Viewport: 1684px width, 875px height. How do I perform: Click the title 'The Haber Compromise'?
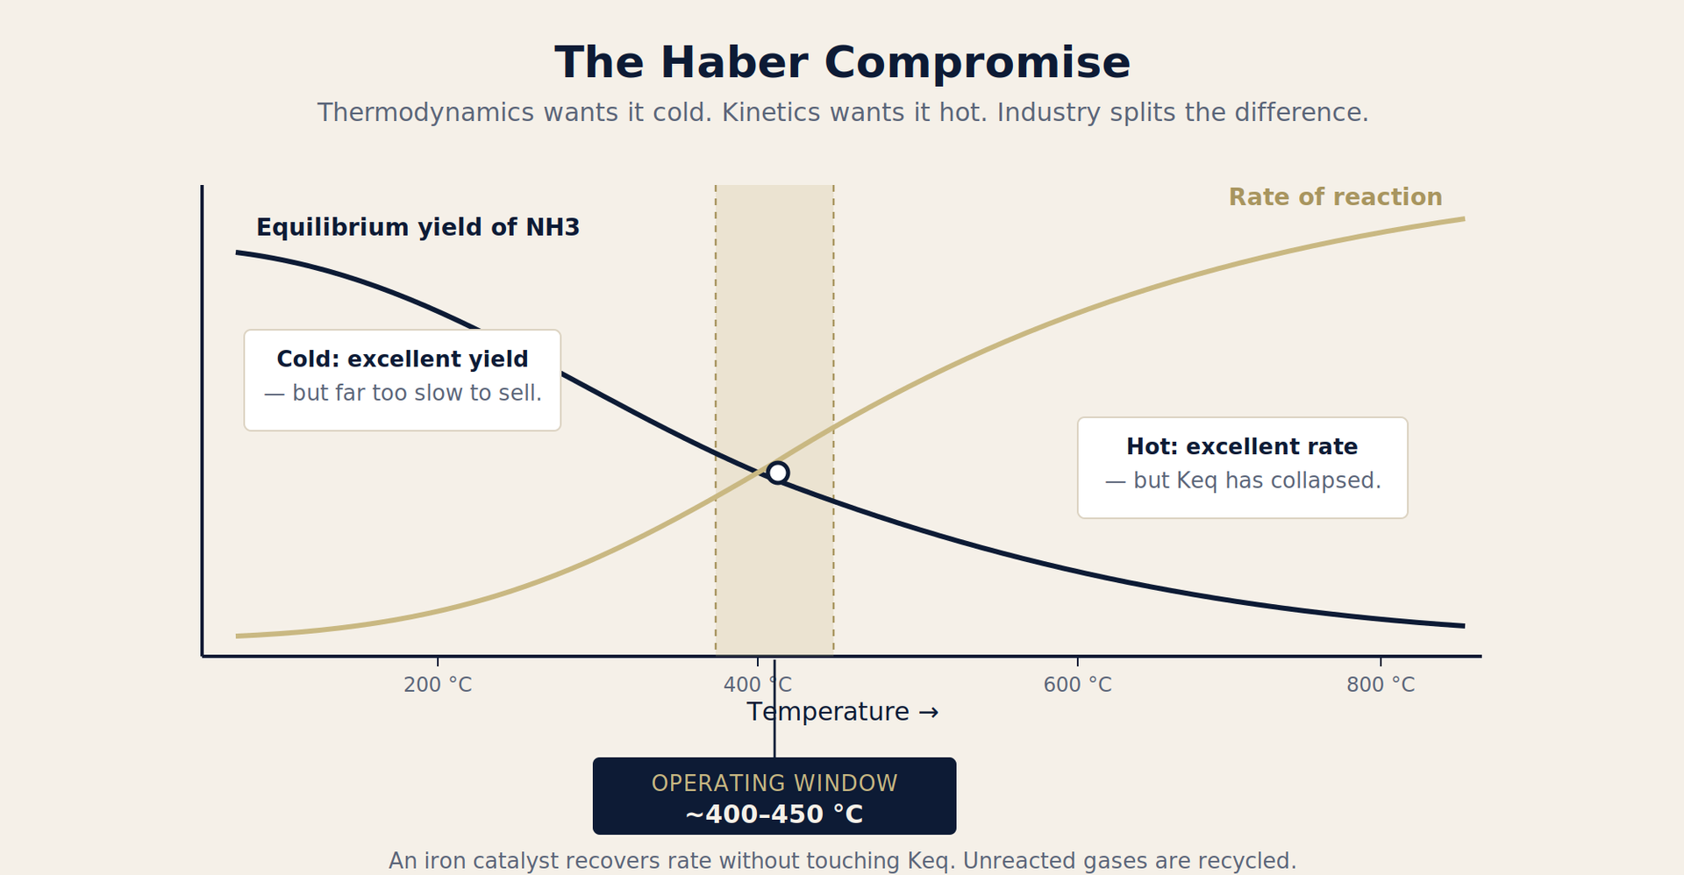click(x=842, y=63)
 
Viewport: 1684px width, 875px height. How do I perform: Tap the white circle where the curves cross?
click(x=777, y=473)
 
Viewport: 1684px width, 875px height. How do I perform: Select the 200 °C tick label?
click(x=438, y=685)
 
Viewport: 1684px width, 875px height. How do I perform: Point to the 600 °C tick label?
click(x=1077, y=685)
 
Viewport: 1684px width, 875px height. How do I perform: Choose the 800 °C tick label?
click(x=1381, y=685)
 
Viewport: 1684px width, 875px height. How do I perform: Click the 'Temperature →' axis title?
click(x=842, y=712)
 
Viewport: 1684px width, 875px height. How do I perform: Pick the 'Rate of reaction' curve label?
click(x=1335, y=197)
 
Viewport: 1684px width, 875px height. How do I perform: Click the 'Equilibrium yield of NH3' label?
click(x=417, y=228)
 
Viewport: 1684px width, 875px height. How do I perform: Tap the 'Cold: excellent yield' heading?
click(x=403, y=359)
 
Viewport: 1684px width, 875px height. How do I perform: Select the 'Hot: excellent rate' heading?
click(x=1242, y=447)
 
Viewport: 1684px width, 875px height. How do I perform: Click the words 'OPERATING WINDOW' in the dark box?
click(x=774, y=783)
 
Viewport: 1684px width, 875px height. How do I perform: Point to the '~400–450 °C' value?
click(x=774, y=815)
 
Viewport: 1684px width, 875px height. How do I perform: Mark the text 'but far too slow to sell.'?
click(x=417, y=393)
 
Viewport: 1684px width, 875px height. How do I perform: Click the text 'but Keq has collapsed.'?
click(x=1257, y=481)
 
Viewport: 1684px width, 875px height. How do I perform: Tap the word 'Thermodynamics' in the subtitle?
click(x=425, y=113)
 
